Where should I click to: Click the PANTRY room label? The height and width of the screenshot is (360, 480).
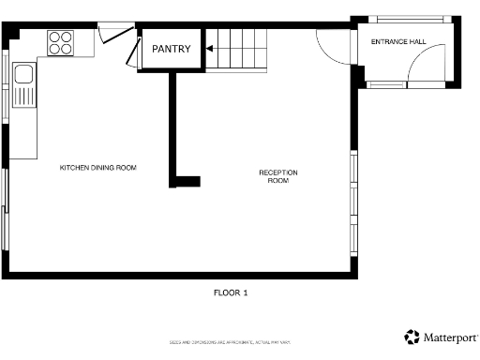point(172,50)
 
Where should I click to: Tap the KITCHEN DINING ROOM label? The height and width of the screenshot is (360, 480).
point(98,168)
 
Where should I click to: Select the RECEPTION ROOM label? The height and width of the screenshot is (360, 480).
point(278,176)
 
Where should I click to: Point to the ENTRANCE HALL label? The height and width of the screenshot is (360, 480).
point(397,42)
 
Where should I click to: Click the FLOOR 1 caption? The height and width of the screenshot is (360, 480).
point(231,293)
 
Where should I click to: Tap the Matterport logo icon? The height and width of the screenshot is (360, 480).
point(412,337)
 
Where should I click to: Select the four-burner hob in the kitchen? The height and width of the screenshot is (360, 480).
point(60,42)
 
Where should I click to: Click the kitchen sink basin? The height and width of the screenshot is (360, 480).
point(23,74)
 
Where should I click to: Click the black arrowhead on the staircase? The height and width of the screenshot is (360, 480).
point(212,48)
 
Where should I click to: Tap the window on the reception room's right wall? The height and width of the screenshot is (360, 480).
point(353,201)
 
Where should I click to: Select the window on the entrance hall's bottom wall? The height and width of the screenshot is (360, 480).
point(385,84)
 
